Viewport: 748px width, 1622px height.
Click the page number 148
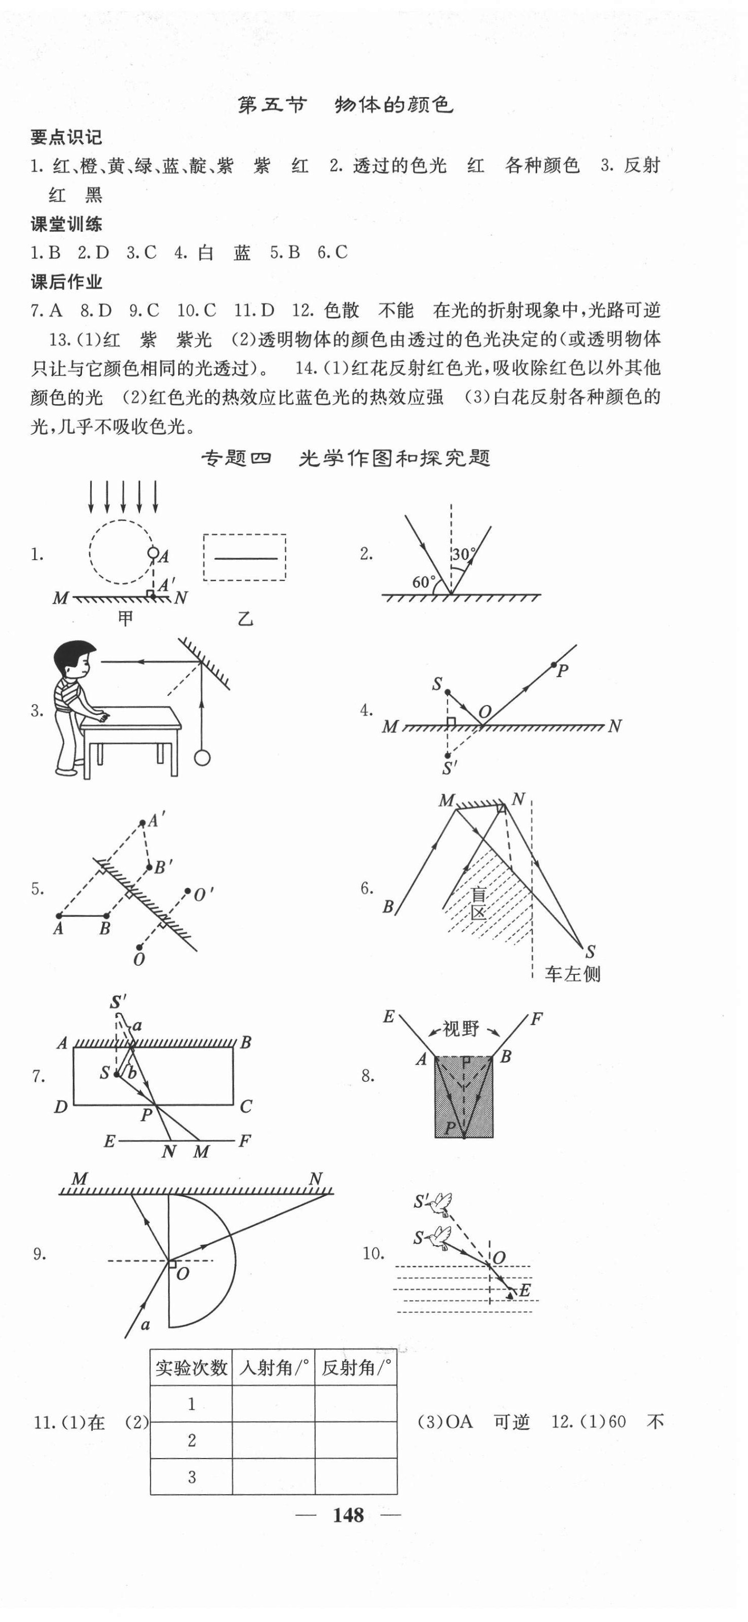coord(348,1515)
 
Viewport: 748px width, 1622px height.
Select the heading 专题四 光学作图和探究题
coord(345,458)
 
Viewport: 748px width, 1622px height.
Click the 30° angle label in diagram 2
coord(464,554)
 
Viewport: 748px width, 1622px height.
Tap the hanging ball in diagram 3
coord(202,757)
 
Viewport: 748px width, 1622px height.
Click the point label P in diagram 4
coord(562,671)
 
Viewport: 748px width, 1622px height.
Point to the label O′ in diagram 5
coord(203,894)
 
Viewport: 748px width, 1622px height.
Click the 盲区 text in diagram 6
coord(479,904)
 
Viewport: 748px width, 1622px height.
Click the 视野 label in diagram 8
coord(461,1029)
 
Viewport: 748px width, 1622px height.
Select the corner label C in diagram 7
coord(245,1106)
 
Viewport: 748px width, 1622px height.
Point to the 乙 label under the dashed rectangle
coord(245,619)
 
